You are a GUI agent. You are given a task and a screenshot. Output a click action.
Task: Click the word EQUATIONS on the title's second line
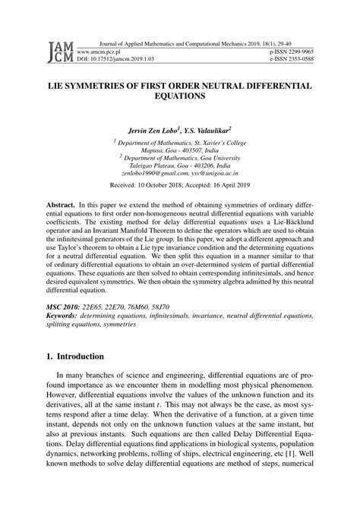[180, 98]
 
